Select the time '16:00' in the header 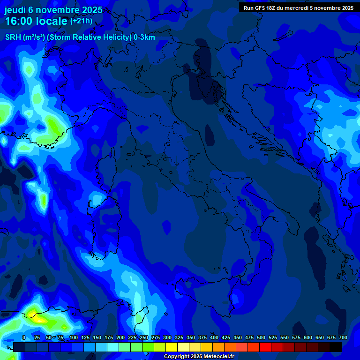[18, 21]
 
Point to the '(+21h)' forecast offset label [81, 21]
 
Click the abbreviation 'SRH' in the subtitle [13, 37]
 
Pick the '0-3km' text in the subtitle [144, 37]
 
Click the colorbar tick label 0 [24, 337]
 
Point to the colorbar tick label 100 [74, 337]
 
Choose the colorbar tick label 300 [167, 337]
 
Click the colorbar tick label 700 [343, 337]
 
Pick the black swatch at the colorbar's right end [336, 347]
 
